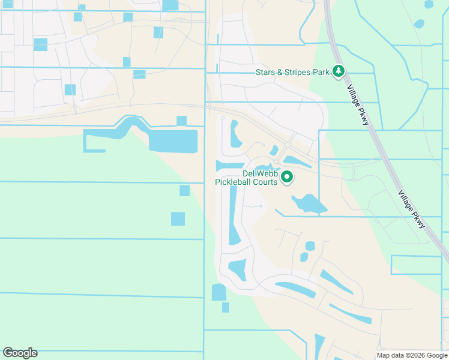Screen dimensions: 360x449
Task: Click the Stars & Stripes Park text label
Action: point(292,72)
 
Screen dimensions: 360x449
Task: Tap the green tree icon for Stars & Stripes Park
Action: point(339,72)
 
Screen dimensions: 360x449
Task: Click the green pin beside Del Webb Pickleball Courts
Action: point(287,177)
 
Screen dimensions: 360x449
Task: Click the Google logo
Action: point(20,353)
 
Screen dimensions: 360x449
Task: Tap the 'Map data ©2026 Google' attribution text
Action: point(411,355)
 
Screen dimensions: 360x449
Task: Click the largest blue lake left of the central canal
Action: point(172,141)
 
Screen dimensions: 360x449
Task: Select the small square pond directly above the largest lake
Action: point(181,121)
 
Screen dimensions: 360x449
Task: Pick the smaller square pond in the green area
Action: point(184,191)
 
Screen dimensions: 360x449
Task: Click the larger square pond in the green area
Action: point(178,219)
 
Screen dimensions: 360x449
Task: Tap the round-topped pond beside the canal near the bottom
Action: point(219,292)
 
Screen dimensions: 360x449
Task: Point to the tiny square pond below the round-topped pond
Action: point(225,307)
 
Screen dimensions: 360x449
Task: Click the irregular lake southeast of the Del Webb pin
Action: point(309,204)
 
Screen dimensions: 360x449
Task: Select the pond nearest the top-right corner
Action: point(429,4)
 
